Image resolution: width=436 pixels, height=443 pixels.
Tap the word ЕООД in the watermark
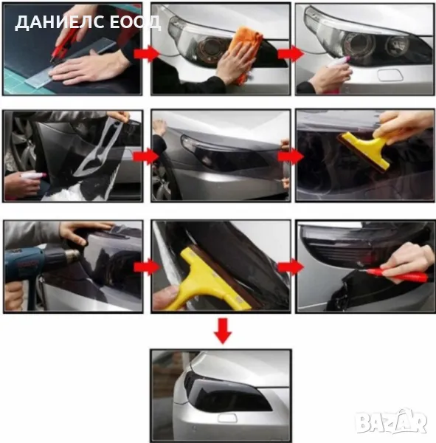tap(136, 22)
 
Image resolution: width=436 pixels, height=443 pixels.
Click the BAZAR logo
tap(391, 422)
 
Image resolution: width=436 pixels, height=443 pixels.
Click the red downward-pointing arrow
tap(223, 331)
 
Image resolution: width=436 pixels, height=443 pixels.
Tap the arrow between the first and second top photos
tap(147, 54)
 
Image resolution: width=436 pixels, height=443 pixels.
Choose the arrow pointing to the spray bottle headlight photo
tap(291, 54)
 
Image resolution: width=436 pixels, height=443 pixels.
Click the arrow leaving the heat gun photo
tap(147, 267)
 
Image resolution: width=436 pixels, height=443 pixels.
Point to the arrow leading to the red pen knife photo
tap(291, 267)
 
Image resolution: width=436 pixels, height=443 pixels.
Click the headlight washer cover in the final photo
tap(227, 419)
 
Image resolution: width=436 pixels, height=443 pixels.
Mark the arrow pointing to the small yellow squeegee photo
tap(291, 157)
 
